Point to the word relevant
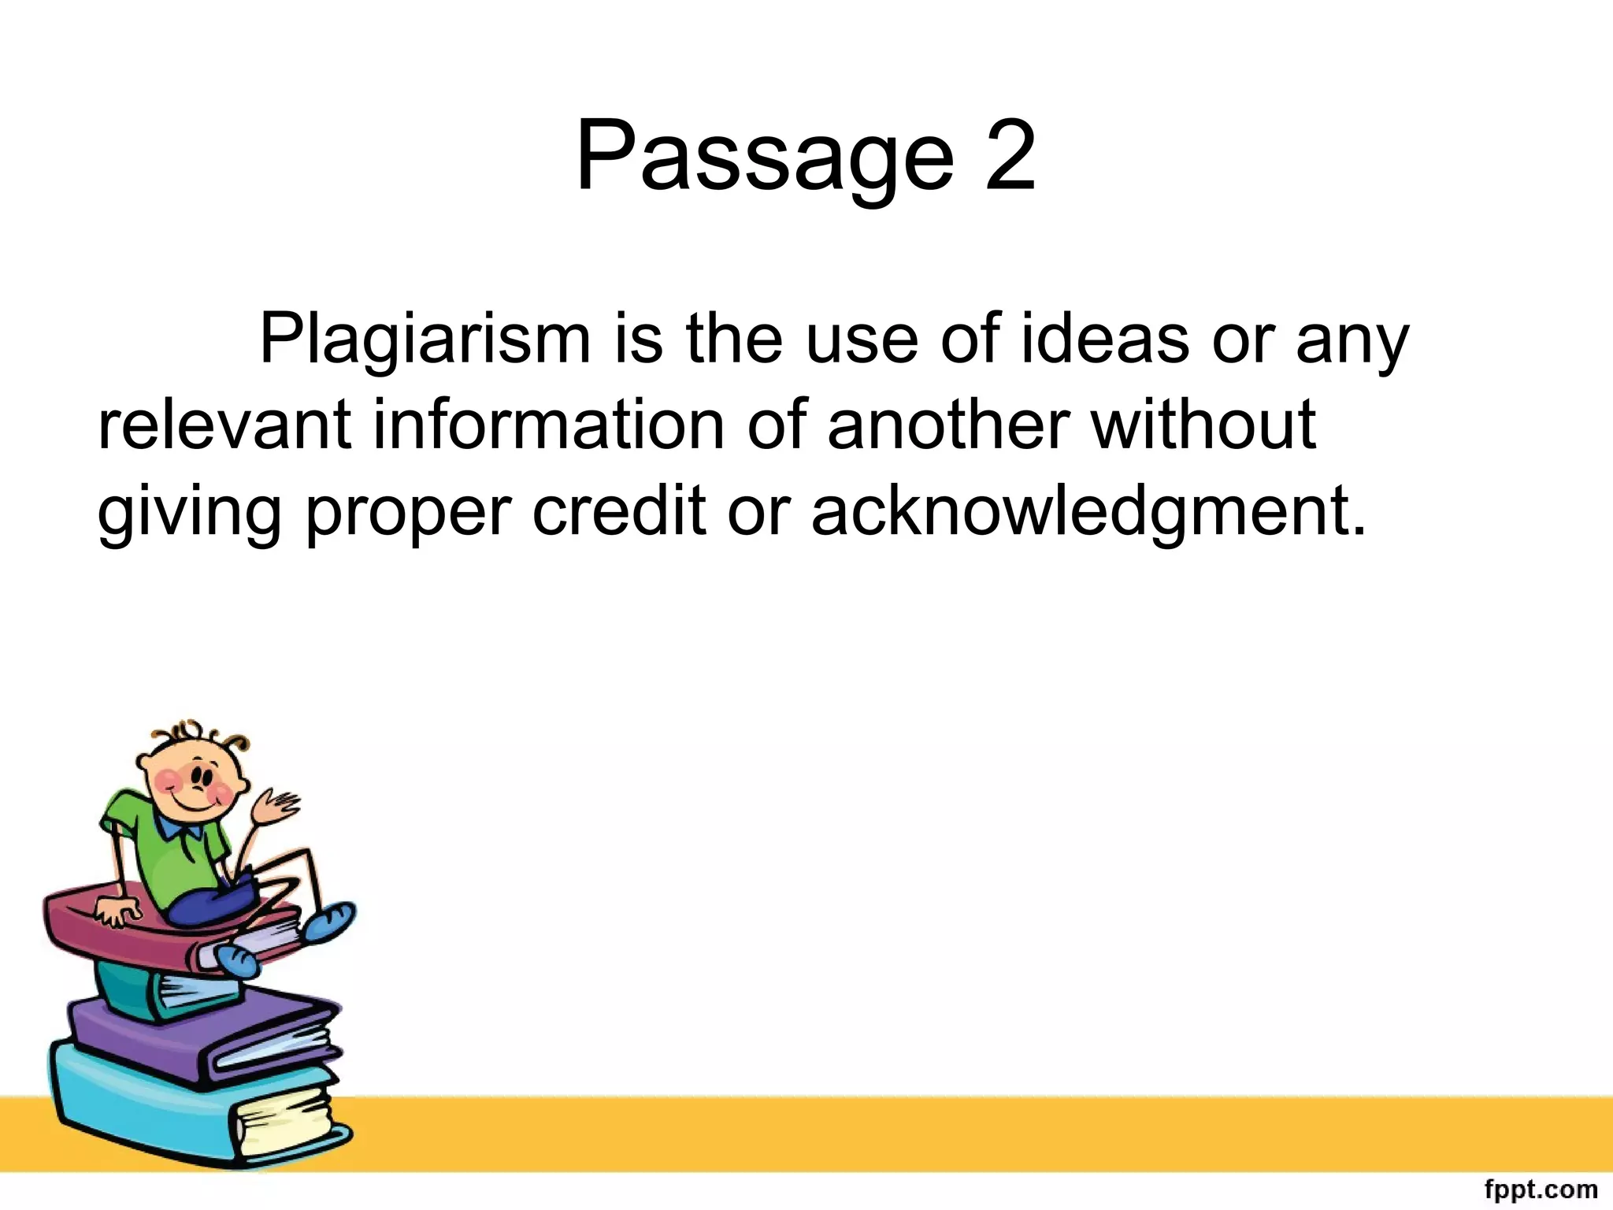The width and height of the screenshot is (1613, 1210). pos(224,425)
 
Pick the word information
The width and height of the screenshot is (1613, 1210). pos(548,425)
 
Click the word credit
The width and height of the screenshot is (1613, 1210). pos(619,512)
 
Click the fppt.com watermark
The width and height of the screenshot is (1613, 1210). pos(1541,1189)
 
